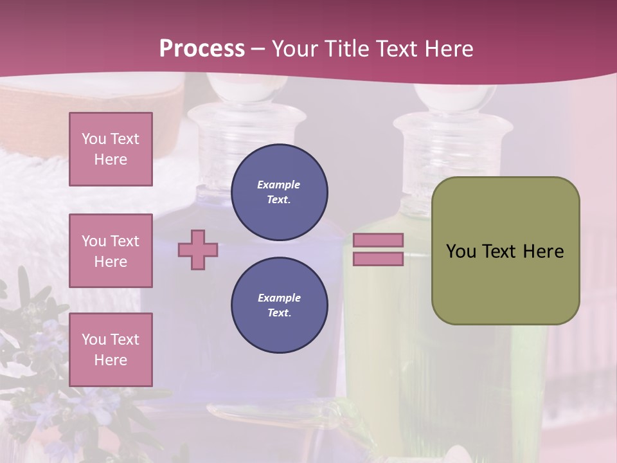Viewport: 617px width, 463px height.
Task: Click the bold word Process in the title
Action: tap(202, 49)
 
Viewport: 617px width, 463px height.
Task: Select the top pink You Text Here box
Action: tap(111, 149)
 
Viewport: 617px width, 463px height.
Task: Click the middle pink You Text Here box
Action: tap(111, 251)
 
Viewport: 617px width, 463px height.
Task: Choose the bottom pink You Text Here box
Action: tap(111, 349)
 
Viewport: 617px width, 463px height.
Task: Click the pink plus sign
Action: tap(198, 250)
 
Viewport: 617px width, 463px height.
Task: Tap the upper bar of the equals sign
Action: tap(378, 240)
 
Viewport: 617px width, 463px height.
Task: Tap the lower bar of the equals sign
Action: tap(378, 259)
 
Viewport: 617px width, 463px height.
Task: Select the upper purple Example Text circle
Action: tap(280, 192)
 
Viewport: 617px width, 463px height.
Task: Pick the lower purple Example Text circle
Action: tap(280, 305)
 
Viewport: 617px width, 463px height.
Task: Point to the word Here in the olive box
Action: tap(543, 251)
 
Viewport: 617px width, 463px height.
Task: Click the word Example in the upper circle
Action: tap(278, 185)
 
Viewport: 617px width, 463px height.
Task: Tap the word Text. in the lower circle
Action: tap(279, 313)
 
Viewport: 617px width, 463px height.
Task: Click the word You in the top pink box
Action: tap(93, 139)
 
